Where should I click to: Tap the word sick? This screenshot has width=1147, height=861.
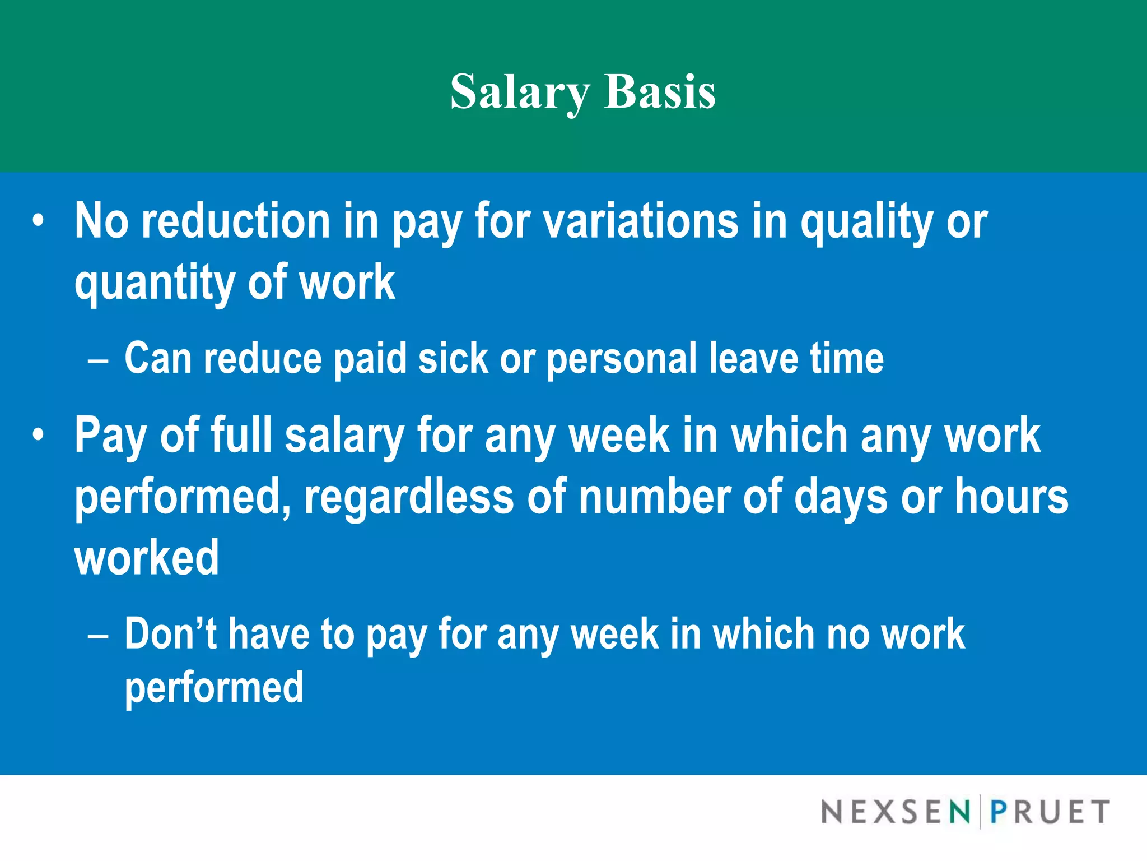point(453,358)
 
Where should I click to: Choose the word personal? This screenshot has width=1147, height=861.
point(621,359)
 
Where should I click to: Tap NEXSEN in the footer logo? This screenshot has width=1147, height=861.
point(895,812)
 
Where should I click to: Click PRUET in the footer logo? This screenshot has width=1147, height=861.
point(1050,812)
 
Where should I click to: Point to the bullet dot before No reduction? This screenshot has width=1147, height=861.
point(38,220)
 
